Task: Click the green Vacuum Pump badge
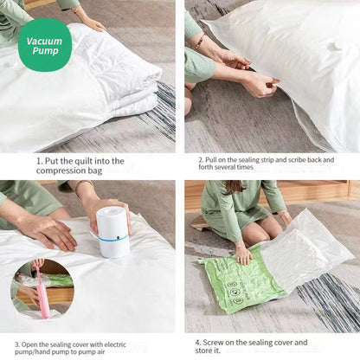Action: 45,45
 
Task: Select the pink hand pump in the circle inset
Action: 42,292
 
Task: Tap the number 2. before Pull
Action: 201,160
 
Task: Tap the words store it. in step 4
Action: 208,350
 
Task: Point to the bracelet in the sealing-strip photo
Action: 200,42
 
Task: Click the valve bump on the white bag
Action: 335,46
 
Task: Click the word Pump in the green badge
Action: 45,51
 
